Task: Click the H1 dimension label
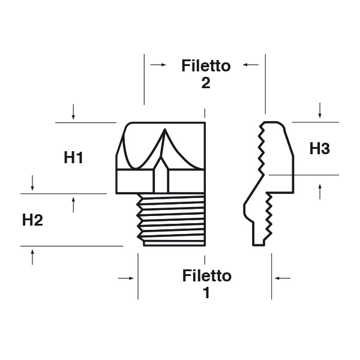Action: [73, 158]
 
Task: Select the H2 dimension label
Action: [32, 220]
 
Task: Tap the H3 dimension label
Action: [320, 149]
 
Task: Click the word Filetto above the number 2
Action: [206, 66]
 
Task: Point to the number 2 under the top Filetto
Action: [206, 83]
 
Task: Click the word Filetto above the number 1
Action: [206, 276]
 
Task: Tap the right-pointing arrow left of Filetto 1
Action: [125, 278]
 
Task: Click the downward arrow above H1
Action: [73, 111]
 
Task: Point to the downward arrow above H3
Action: [320, 110]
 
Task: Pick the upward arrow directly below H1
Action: [73, 205]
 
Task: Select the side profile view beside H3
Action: [270, 180]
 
